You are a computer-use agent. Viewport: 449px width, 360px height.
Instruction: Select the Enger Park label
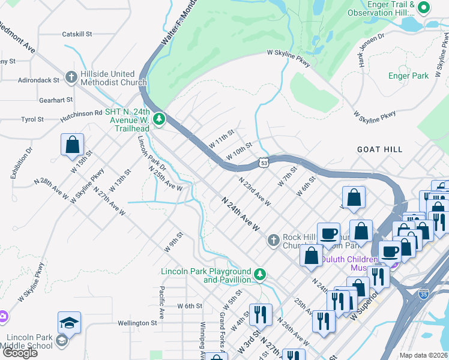[x=408, y=76]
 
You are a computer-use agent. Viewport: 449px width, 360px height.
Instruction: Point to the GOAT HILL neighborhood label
[x=379, y=149]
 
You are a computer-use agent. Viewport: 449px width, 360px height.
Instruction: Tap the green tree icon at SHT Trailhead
[x=159, y=119]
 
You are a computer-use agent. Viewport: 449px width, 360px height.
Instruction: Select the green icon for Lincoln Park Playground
[x=259, y=275]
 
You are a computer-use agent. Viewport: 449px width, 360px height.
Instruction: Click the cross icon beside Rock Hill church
[x=273, y=241]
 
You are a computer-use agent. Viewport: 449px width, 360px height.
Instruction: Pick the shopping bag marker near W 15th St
[x=72, y=145]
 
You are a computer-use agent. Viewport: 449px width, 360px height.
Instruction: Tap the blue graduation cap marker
[x=70, y=323]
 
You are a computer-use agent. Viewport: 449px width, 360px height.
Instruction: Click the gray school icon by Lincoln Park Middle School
[x=61, y=341]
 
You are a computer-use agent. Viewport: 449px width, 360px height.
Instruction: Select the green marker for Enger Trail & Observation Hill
[x=424, y=8]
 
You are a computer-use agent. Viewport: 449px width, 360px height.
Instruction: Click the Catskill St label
[x=77, y=35]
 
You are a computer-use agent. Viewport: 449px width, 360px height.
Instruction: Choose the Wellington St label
[x=137, y=323]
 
